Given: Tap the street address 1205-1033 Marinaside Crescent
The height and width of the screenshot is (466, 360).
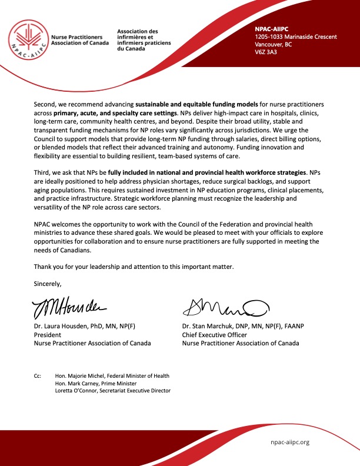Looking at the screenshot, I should (295, 37).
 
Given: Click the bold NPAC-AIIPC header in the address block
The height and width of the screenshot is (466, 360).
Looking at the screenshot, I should (269, 29).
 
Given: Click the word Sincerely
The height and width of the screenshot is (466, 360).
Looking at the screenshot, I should (48, 284).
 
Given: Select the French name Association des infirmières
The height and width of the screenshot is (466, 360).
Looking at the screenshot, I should (138, 35).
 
